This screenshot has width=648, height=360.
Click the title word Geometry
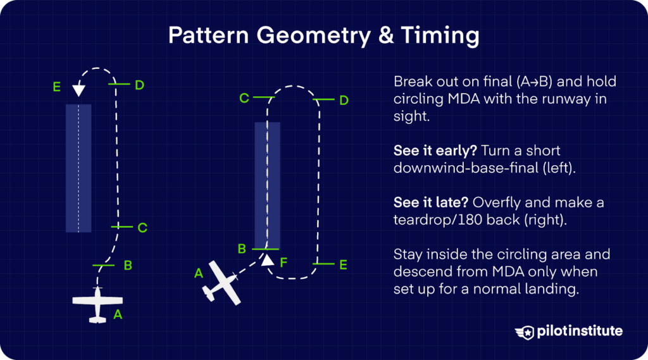tap(312, 36)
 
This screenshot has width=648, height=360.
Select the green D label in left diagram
tap(140, 85)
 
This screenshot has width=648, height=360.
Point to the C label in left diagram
tap(142, 228)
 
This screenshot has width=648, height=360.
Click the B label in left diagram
tap(127, 266)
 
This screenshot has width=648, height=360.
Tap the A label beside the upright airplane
tap(117, 314)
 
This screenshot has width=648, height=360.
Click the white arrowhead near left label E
tap(78, 90)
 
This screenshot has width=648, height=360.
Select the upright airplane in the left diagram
tap(97, 305)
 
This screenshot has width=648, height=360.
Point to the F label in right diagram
tap(283, 260)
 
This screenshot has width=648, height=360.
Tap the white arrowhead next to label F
tap(268, 259)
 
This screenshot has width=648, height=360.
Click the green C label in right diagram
tap(244, 98)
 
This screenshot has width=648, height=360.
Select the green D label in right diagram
tap(344, 101)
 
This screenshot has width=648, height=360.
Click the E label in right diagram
tap(343, 264)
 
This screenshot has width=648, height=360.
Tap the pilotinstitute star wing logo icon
tap(526, 332)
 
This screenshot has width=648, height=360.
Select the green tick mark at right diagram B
tap(266, 249)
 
